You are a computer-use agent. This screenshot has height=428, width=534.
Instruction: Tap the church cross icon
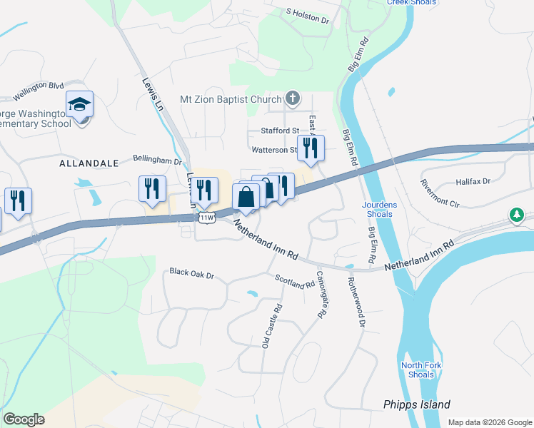292,98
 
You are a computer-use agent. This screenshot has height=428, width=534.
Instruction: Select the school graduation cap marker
79,105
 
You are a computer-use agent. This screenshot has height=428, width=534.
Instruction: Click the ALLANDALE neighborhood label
89,163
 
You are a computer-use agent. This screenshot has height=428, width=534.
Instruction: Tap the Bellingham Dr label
157,160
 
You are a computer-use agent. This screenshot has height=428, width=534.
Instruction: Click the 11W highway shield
207,217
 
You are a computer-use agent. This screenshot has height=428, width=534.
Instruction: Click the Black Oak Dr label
192,272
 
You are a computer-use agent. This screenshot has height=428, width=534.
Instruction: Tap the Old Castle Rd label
270,325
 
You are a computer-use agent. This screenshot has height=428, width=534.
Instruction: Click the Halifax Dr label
477,182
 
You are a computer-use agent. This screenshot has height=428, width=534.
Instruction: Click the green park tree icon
516,215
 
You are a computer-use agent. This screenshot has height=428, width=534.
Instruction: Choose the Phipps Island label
417,404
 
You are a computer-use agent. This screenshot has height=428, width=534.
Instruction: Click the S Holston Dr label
308,16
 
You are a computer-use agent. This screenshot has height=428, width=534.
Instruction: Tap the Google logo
24,419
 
